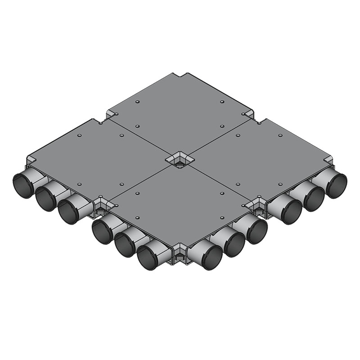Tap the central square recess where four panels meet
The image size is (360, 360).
pos(179,160)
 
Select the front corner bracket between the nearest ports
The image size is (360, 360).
pos(179,256)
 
